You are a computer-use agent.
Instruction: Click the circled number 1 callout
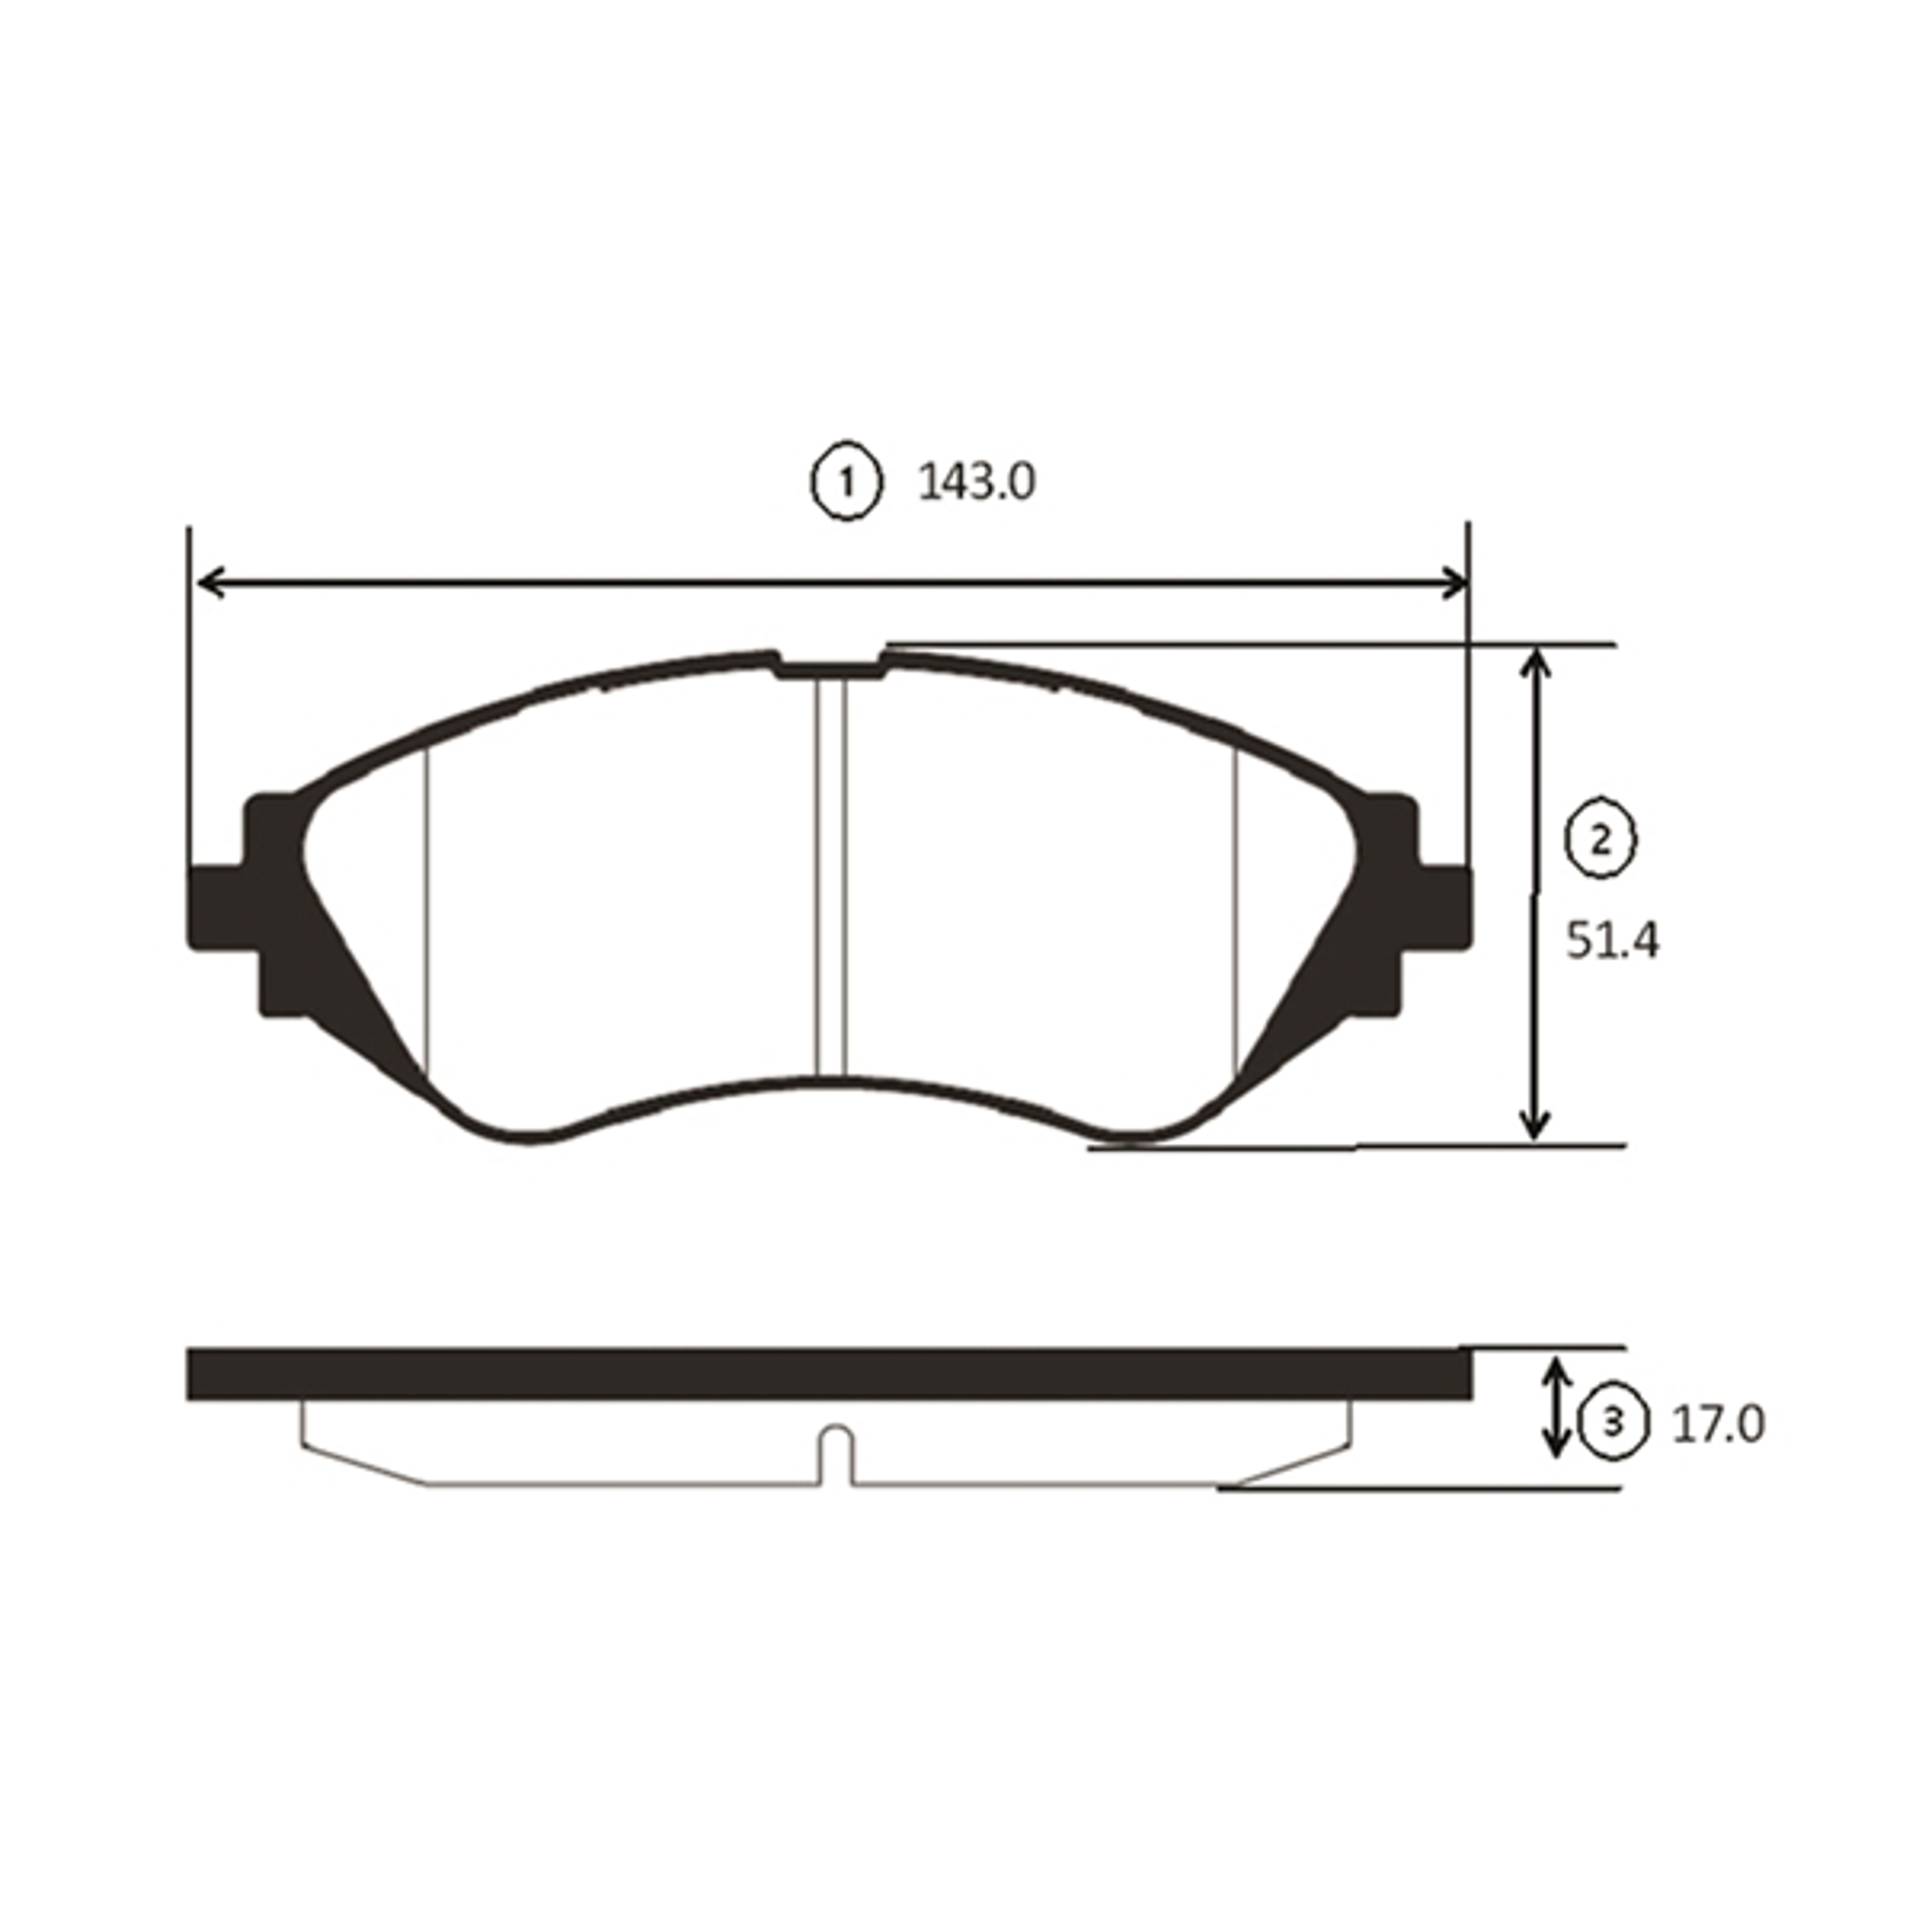coord(846,484)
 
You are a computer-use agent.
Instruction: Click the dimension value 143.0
coord(976,484)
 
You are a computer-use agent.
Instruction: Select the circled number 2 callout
coord(1600,842)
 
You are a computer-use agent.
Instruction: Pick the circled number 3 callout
coord(1613,1423)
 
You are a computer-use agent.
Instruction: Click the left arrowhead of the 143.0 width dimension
coord(210,583)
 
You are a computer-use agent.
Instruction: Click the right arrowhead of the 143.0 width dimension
coord(1453,583)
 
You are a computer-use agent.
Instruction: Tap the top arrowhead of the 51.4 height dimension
coord(1535,664)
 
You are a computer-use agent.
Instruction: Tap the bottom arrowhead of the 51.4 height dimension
coord(1535,1123)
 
